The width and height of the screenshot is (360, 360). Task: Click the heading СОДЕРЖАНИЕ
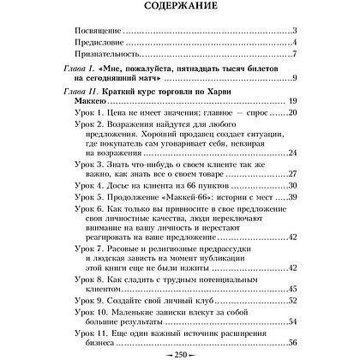(x=180, y=9)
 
